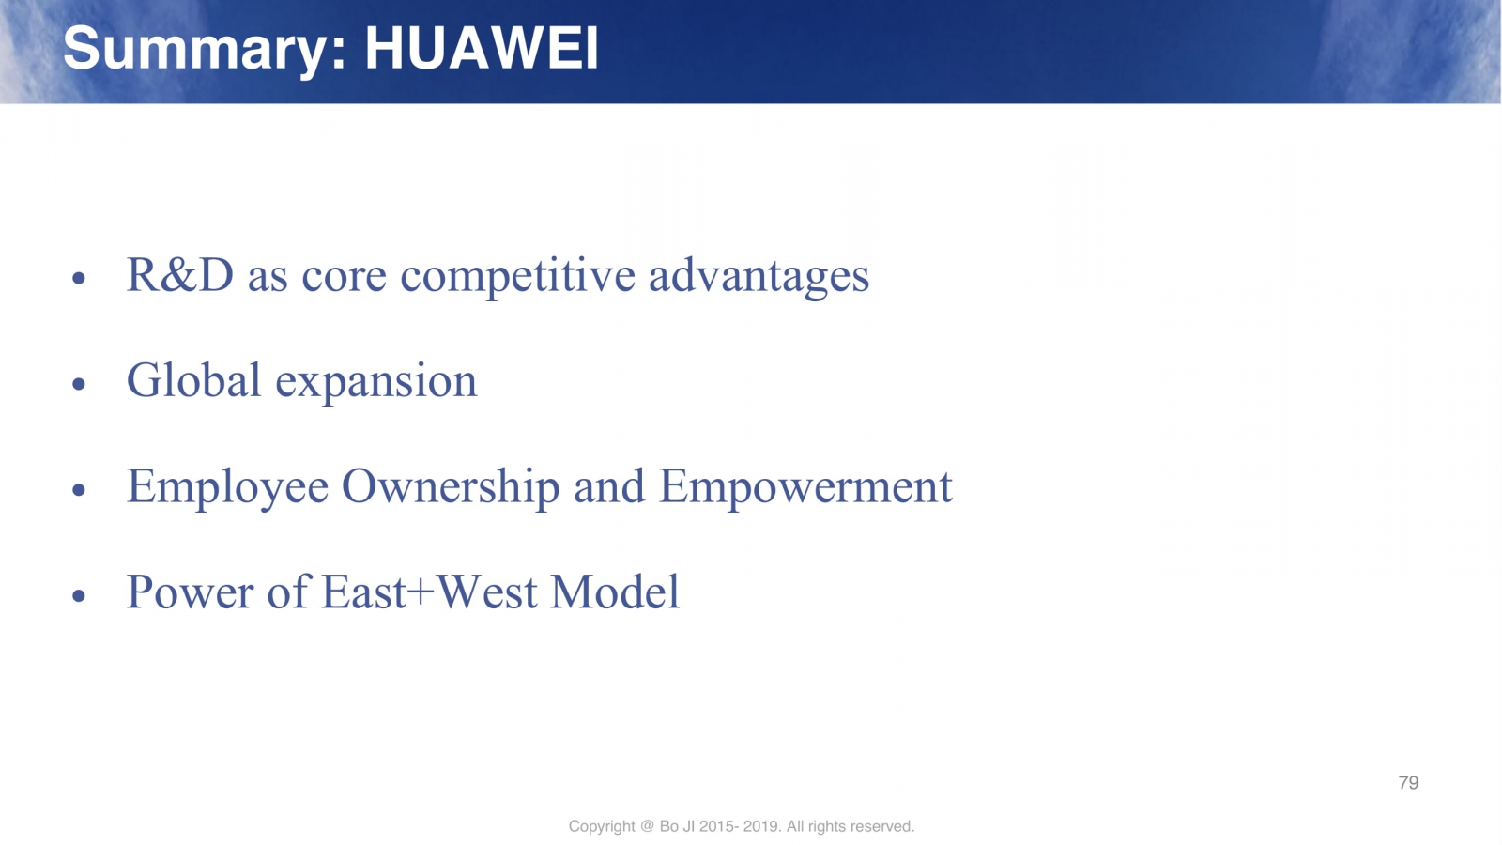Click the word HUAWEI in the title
(x=482, y=48)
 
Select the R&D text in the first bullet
(x=180, y=275)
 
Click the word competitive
(x=517, y=276)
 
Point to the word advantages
(x=759, y=277)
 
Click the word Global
(x=193, y=380)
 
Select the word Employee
(x=228, y=488)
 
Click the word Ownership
(x=451, y=487)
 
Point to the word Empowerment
(x=805, y=487)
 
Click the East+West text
(x=429, y=592)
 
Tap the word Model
(x=615, y=592)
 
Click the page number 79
(x=1408, y=783)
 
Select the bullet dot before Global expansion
(x=79, y=384)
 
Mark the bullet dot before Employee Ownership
(x=79, y=489)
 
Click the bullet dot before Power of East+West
(x=79, y=595)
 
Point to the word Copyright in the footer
(x=602, y=827)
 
